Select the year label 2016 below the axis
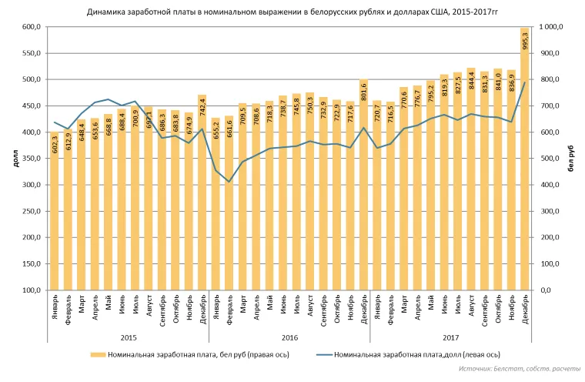[289, 336]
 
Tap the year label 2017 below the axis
[450, 336]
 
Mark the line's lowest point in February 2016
[229, 182]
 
